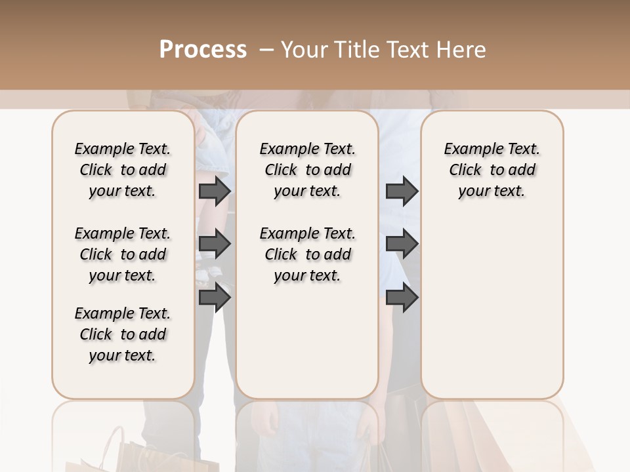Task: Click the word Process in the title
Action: [x=203, y=50]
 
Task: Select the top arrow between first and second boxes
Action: [x=215, y=191]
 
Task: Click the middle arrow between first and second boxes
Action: [x=215, y=244]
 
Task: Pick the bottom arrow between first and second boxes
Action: [x=215, y=298]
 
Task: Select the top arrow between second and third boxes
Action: [x=402, y=191]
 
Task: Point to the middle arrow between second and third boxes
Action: [x=402, y=244]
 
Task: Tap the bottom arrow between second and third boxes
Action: [x=402, y=298]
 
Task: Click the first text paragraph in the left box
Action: [x=122, y=170]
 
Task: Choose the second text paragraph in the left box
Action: [x=122, y=254]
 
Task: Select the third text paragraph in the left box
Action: [x=122, y=334]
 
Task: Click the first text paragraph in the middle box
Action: [x=307, y=170]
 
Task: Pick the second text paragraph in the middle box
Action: [x=307, y=254]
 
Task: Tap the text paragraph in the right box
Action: [x=492, y=170]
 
